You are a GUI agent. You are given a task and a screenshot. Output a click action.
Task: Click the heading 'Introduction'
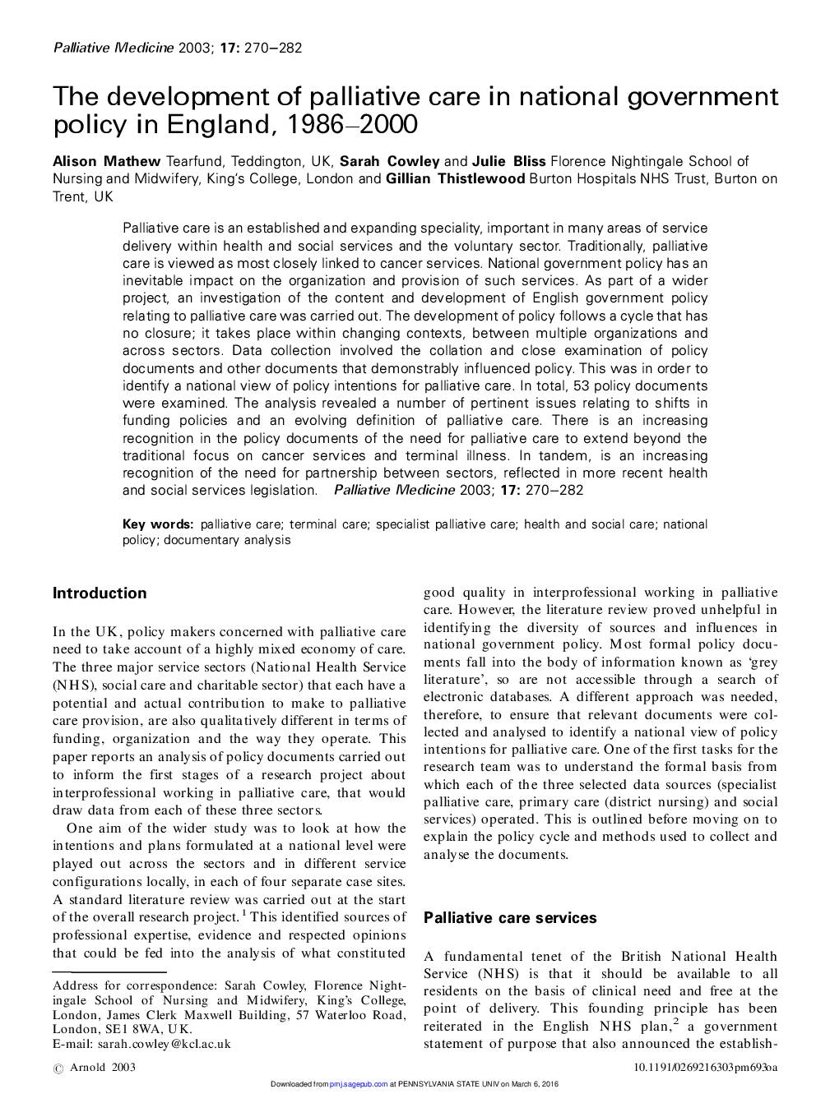click(x=100, y=593)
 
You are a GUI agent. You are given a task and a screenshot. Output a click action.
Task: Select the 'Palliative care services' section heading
click(x=510, y=918)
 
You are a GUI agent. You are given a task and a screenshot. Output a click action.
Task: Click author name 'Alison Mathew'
click(x=107, y=161)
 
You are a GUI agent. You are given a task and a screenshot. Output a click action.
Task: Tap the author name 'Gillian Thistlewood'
click(x=455, y=178)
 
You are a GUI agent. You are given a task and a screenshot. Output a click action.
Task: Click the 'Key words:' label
click(x=158, y=524)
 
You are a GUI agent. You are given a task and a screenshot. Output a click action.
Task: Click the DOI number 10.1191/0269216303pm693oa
click(x=705, y=1068)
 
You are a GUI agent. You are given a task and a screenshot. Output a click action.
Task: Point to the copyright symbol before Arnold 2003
click(x=58, y=1068)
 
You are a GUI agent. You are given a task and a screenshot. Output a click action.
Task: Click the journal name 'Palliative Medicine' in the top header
click(x=113, y=48)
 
